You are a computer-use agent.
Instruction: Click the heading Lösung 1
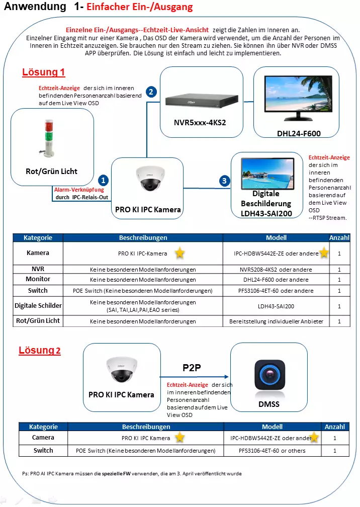[x=44, y=72]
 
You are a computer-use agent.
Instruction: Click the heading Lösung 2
[x=40, y=350]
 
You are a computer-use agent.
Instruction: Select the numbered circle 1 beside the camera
[x=103, y=180]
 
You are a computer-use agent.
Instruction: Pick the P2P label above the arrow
[x=192, y=368]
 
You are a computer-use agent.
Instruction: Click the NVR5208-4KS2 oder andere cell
[x=276, y=270]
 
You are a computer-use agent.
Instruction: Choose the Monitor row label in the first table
[x=38, y=279]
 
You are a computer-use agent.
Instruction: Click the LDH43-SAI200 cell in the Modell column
[x=276, y=306]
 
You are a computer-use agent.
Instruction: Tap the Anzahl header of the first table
[x=339, y=237]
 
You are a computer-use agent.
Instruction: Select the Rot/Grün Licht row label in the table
[x=38, y=320]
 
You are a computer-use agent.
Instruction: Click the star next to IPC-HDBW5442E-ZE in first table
[x=324, y=252]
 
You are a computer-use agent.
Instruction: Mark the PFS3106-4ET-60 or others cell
[x=272, y=451]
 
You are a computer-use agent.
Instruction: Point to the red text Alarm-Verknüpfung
[x=79, y=190]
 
